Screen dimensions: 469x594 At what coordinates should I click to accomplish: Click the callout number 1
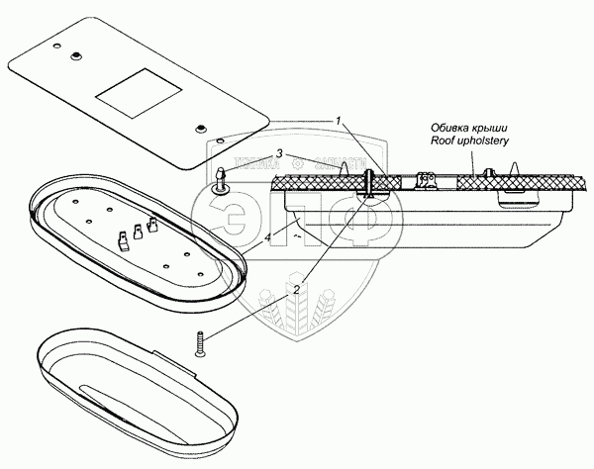(339, 122)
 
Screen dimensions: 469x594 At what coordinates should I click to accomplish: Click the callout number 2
(295, 290)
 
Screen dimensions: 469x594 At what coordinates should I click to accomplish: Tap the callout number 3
(280, 153)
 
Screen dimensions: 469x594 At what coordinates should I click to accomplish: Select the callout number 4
(268, 237)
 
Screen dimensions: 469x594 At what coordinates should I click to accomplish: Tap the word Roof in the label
(444, 141)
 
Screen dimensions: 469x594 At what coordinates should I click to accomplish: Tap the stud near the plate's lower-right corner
(201, 127)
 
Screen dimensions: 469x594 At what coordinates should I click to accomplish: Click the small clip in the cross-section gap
(428, 179)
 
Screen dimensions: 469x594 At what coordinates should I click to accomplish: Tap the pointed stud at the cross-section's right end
(515, 174)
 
